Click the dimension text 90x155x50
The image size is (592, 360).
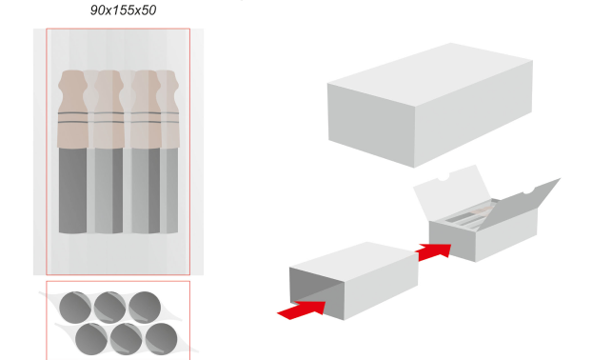tap(123, 10)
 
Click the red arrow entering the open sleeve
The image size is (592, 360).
tap(303, 310)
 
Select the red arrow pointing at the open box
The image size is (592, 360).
tap(434, 251)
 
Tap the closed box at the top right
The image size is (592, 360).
tap(430, 105)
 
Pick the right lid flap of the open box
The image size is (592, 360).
tap(519, 204)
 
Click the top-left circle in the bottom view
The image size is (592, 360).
tap(75, 307)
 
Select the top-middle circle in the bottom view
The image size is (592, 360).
tap(109, 307)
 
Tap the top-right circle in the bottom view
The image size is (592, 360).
tap(145, 307)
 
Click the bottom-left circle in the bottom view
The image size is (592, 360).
tap(91, 339)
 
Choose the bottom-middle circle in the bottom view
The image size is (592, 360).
tap(127, 339)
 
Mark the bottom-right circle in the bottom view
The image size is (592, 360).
tap(161, 339)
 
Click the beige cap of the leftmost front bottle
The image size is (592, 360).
tap(73, 110)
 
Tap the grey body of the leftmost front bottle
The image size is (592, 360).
tap(73, 190)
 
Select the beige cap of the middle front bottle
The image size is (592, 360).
tap(109, 110)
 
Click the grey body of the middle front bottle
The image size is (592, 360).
tap(109, 190)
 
